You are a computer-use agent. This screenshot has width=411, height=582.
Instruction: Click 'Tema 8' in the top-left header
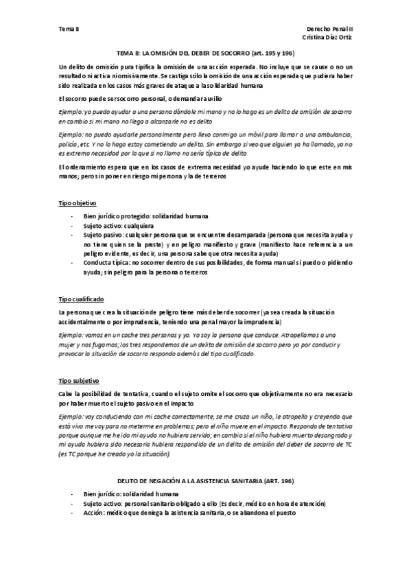[69, 30]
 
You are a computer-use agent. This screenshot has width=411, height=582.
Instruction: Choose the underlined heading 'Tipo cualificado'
[81, 300]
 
